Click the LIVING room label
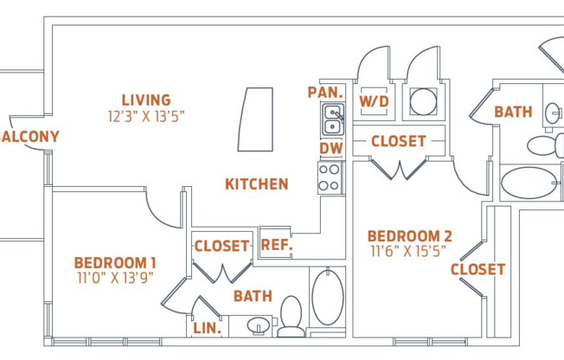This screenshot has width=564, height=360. point(145,100)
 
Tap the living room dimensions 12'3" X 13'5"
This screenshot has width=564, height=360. point(145,115)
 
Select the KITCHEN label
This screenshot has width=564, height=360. point(256,184)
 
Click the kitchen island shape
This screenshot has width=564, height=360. point(253,119)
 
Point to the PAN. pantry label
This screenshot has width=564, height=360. point(325,93)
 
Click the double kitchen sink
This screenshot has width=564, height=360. point(332,119)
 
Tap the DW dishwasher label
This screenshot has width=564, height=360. point(330,148)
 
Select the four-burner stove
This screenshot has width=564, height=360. point(330,177)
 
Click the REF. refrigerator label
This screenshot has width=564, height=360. point(276,245)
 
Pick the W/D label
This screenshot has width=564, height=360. point(374,101)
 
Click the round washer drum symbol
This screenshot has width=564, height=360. point(423,101)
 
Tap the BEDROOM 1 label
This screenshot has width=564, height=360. point(115,263)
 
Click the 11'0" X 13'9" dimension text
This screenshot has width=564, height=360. point(115,278)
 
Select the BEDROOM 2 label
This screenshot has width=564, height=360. point(409,236)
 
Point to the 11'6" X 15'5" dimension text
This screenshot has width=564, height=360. point(409,251)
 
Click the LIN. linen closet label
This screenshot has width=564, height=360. point(208,328)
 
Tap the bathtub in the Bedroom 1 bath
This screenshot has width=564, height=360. point(327,298)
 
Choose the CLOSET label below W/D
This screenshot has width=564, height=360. point(398,141)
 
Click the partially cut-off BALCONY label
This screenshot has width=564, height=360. point(29,137)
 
